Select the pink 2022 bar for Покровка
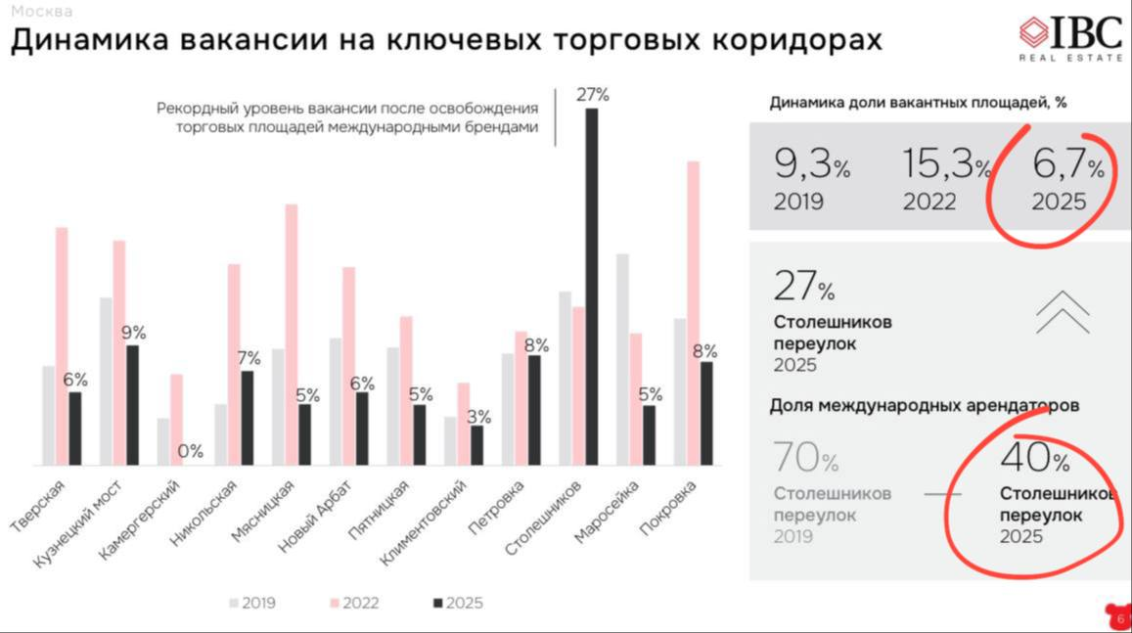[x=693, y=313]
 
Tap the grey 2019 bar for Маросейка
[x=622, y=359]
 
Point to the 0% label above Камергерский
[x=190, y=451]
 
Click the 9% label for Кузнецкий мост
[x=133, y=333]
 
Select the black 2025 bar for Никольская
[x=248, y=418]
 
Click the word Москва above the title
[x=42, y=13]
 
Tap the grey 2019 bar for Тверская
[x=48, y=415]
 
